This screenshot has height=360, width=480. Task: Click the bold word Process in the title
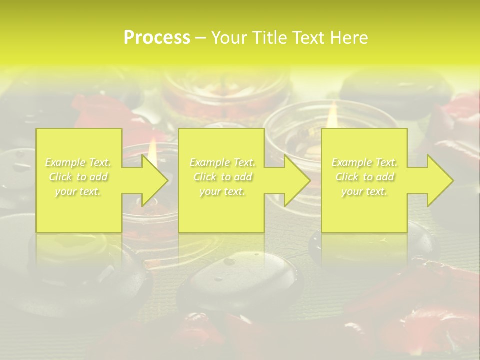(157, 38)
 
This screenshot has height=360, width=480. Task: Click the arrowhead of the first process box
(152, 180)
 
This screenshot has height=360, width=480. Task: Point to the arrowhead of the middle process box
(295, 180)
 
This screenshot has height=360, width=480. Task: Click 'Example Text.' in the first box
(78, 162)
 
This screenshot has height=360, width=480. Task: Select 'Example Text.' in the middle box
(222, 162)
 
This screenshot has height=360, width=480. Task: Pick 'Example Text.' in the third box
(364, 162)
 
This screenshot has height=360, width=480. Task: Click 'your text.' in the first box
(78, 191)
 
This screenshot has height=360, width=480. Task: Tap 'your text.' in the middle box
(222, 191)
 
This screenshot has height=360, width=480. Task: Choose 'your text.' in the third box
(364, 191)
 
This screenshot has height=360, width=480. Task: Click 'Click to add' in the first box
(78, 177)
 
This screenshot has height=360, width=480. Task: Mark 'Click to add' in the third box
(364, 177)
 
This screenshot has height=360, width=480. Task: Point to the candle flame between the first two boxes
(153, 146)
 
